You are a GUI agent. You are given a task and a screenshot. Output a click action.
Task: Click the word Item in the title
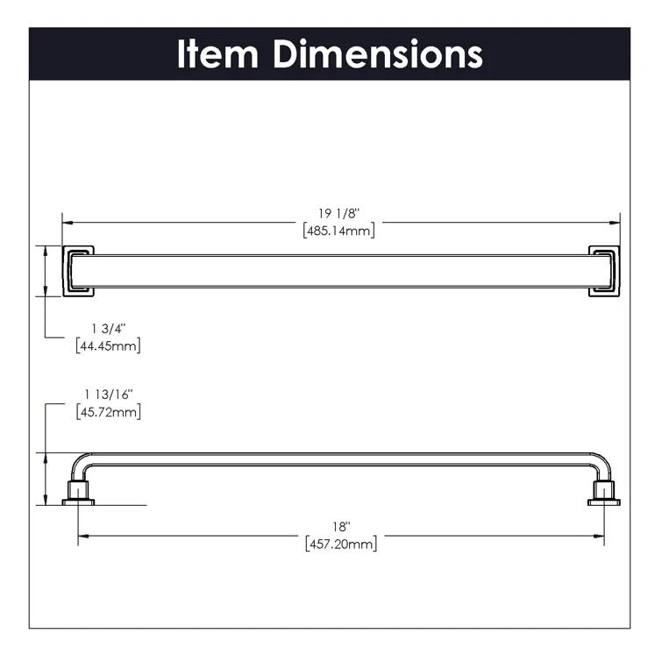pyautogui.click(x=219, y=53)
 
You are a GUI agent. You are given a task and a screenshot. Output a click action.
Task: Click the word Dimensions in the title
pyautogui.click(x=377, y=53)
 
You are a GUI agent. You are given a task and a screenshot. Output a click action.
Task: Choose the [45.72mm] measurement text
pyautogui.click(x=108, y=411)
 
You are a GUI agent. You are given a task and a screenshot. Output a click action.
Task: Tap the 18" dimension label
pyautogui.click(x=341, y=526)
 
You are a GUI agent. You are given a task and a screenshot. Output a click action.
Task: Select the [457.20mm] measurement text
pyautogui.click(x=341, y=544)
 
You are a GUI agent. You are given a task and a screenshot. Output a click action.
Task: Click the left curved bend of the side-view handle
pyautogui.click(x=80, y=463)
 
